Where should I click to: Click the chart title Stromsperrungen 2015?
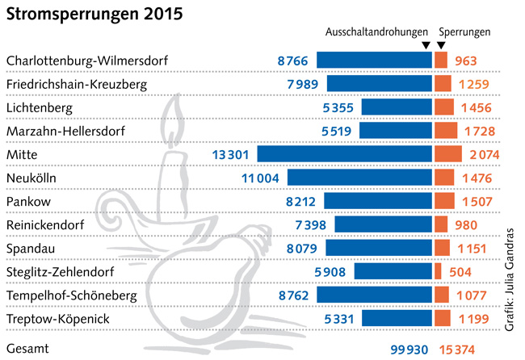pos(94,15)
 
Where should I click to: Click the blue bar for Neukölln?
pos(359,177)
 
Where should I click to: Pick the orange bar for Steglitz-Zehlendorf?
pos(438,271)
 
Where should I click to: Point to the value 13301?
pos(233,154)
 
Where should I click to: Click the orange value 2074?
pos(483,154)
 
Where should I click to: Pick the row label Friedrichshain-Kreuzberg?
pos(71,83)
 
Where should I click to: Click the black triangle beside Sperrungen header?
pos(440,46)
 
